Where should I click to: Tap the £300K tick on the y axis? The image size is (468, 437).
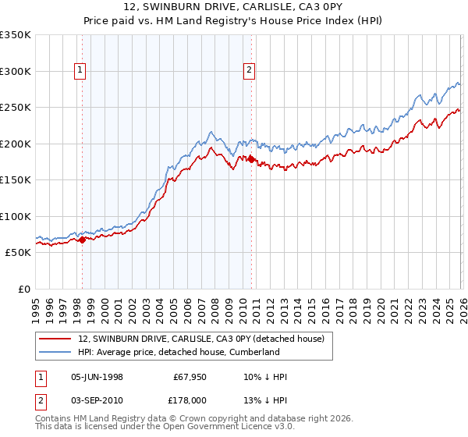(x=15, y=71)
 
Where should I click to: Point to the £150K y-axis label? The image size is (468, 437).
(x=15, y=180)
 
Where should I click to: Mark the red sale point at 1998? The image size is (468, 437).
(x=82, y=240)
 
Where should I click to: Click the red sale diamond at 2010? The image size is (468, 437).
(x=251, y=159)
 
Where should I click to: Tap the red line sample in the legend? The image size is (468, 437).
(x=55, y=339)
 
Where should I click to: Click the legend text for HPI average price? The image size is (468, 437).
(x=179, y=352)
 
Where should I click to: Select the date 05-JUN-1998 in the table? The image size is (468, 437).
(x=97, y=377)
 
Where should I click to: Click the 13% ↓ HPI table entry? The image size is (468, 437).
(x=264, y=399)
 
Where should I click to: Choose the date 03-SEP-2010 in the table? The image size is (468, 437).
(x=97, y=399)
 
